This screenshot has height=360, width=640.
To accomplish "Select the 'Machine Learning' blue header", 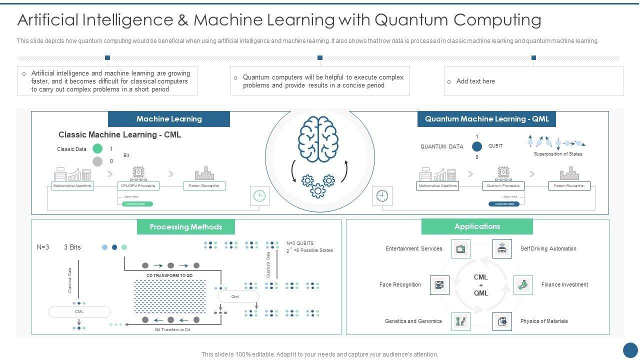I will coord(169,119).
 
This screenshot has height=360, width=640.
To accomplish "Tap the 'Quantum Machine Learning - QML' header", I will coord(486,119).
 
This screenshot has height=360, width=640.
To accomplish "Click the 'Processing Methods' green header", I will coord(185,227).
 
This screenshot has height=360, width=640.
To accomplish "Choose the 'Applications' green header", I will coord(477,226).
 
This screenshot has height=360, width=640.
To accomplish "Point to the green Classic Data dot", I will coord(97,148).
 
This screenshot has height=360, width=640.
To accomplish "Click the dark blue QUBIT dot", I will coord(477,146).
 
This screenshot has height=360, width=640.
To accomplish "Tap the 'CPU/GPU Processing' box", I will coord(138,186).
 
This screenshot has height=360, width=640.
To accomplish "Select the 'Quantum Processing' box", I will coord(503,186).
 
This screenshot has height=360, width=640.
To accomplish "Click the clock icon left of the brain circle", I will coord(259,196).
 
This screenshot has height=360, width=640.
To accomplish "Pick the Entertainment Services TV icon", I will coord(460,248).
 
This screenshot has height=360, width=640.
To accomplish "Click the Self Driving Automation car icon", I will coord(502,248).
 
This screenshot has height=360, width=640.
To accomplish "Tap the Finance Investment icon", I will coord(523,285).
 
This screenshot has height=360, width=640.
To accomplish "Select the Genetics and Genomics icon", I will coord(460,321).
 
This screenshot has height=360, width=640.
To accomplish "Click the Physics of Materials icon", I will coord(502,321).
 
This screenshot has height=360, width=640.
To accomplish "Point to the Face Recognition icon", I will coord(439,285).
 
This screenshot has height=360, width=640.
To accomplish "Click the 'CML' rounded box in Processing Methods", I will coord(79,312).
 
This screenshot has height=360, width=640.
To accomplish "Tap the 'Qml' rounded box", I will coord(235,296).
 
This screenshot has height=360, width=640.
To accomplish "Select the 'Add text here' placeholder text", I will coord(475,81).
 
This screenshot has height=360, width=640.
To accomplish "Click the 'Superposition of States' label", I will coord(558,154).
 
